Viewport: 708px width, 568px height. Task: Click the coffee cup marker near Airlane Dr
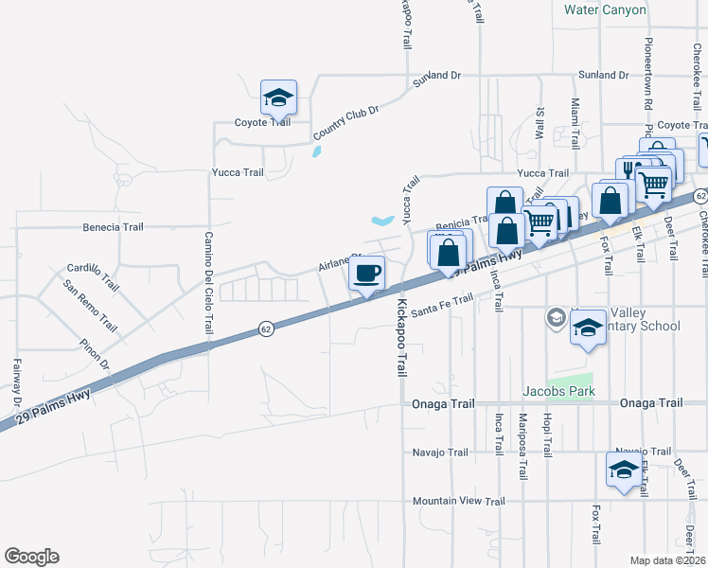click(x=366, y=275)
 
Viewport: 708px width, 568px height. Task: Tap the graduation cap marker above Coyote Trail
click(x=279, y=98)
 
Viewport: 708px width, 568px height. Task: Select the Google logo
click(x=31, y=557)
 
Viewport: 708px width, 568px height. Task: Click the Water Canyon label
click(x=605, y=10)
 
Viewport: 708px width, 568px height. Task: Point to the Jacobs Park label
click(x=558, y=391)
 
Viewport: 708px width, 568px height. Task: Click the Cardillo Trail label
click(x=93, y=276)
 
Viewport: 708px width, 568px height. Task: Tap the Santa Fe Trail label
click(x=441, y=303)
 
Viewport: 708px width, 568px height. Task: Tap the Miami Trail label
click(x=575, y=121)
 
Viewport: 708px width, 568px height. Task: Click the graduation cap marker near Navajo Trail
click(x=623, y=471)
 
